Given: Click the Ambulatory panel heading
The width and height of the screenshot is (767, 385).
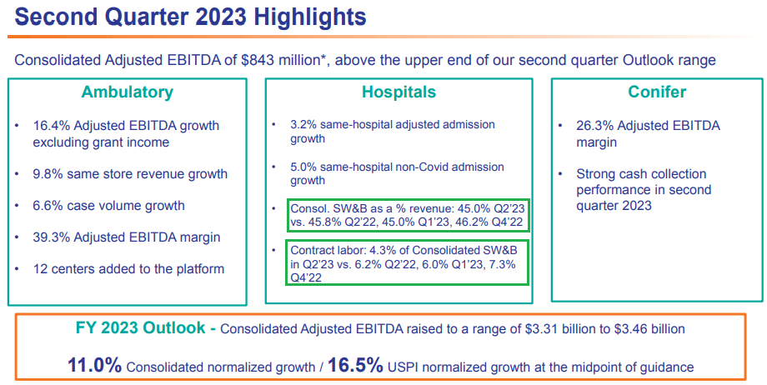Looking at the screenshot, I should point(127,92).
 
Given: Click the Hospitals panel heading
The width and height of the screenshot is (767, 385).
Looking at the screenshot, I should point(399,92).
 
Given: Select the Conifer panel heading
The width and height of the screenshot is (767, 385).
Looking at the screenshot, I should point(657,92).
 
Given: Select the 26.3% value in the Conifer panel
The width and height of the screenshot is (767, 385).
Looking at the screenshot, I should point(594,126).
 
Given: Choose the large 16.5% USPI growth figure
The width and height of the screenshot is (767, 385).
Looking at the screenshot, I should point(355,365).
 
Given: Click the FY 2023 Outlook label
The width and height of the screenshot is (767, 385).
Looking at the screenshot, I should point(140,328).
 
